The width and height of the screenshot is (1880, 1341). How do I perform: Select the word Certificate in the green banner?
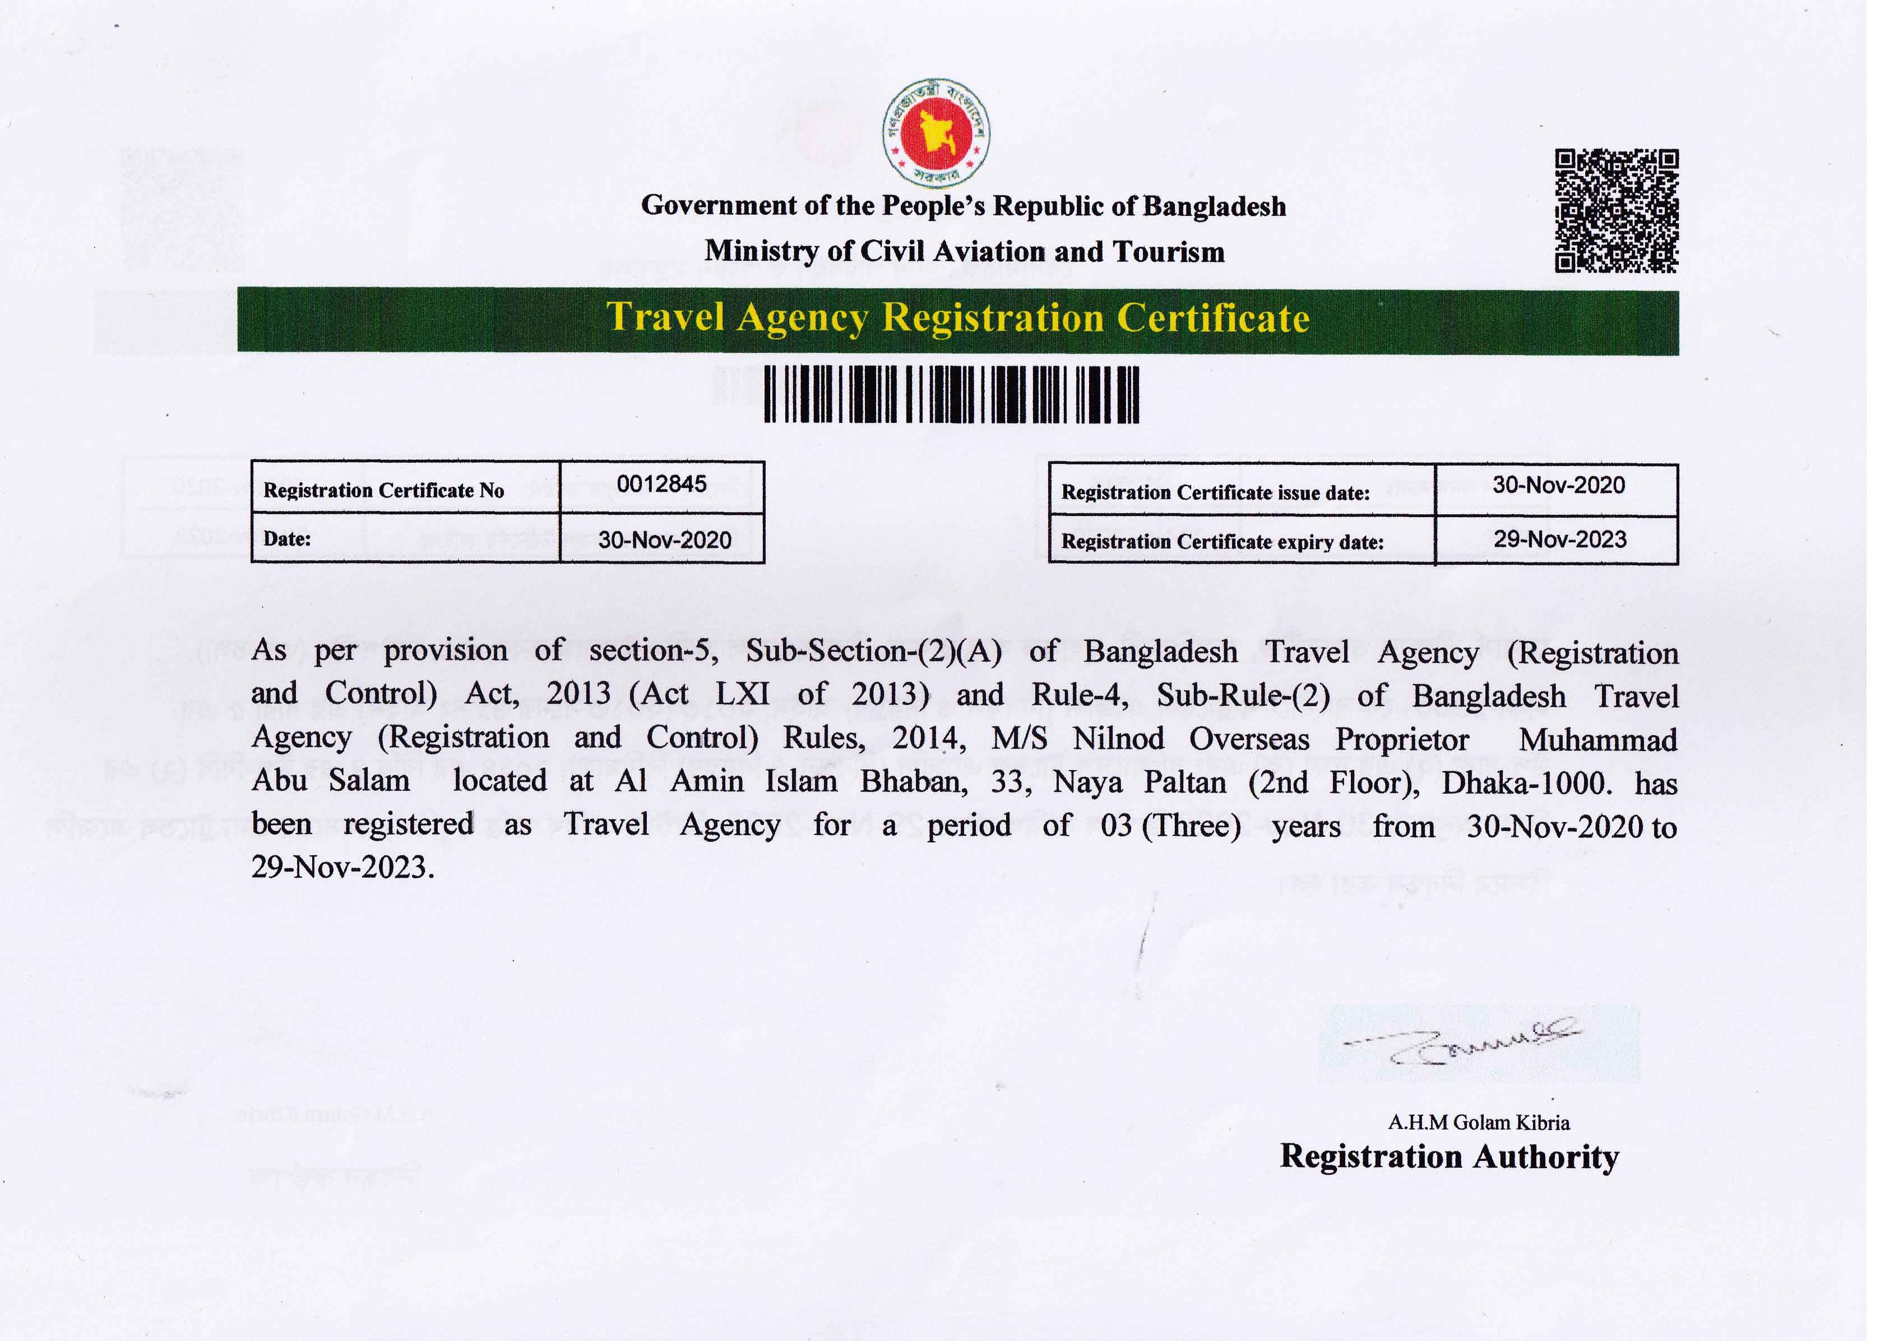(1212, 319)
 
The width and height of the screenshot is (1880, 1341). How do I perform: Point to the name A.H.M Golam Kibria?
(1478, 1122)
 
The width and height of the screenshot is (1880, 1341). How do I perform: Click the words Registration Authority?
(1448, 1157)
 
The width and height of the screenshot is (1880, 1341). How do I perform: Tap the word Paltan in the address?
(1184, 782)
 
